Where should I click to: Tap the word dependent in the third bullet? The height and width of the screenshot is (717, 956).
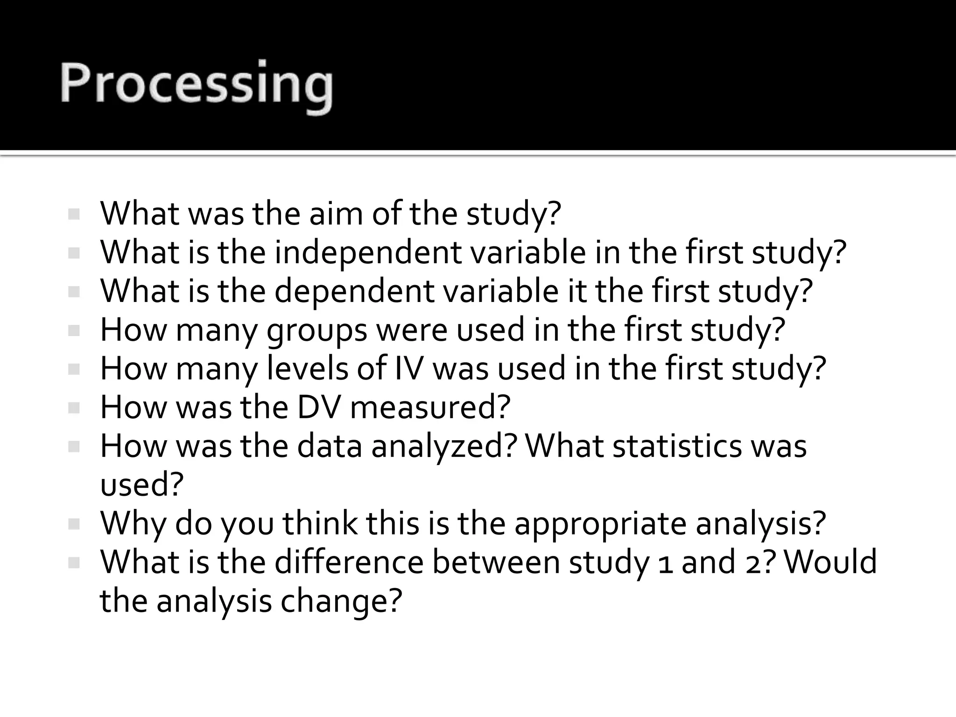pyautogui.click(x=354, y=291)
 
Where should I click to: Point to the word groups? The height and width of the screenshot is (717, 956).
pyautogui.click(x=317, y=330)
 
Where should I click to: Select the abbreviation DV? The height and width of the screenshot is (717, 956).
pyautogui.click(x=319, y=407)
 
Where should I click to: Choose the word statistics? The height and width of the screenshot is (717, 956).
pyautogui.click(x=677, y=446)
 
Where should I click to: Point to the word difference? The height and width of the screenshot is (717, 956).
pyautogui.click(x=349, y=562)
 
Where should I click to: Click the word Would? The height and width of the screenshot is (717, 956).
pyautogui.click(x=830, y=562)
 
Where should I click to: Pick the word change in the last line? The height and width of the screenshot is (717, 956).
pyautogui.click(x=341, y=601)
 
